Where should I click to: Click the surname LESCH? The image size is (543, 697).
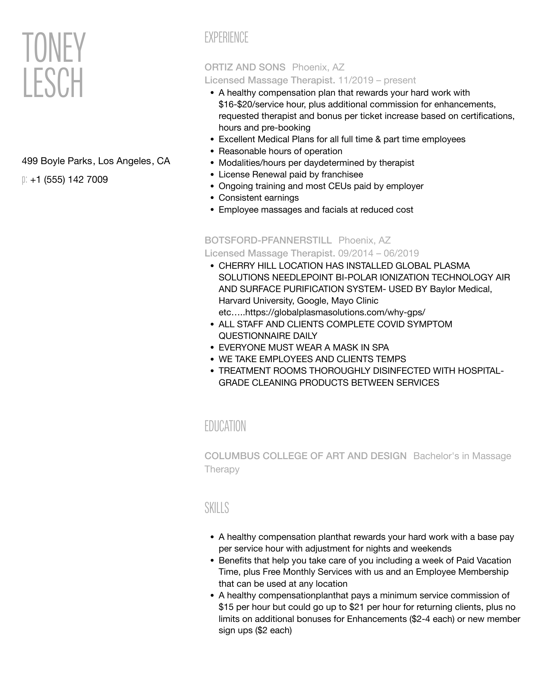[x=53, y=83]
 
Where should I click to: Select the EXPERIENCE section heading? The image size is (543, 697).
[x=226, y=38]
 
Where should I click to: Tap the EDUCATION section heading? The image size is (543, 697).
[x=225, y=426]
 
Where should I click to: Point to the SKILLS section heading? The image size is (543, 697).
[x=217, y=508]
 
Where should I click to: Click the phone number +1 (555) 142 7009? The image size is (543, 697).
[x=69, y=180]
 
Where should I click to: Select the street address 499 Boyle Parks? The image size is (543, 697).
[x=57, y=161]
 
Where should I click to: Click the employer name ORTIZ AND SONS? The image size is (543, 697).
[x=245, y=67]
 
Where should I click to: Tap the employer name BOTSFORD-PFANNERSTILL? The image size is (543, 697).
[x=268, y=240]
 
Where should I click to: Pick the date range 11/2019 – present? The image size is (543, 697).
[x=377, y=80]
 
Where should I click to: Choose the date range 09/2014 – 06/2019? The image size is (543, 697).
[x=378, y=253]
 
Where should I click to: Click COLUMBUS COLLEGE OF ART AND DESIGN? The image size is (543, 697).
[x=305, y=456]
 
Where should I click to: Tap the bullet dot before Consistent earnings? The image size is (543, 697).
[x=212, y=198]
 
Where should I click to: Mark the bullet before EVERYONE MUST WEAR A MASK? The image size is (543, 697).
[x=212, y=348]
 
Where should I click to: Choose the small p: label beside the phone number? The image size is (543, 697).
[x=24, y=180]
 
